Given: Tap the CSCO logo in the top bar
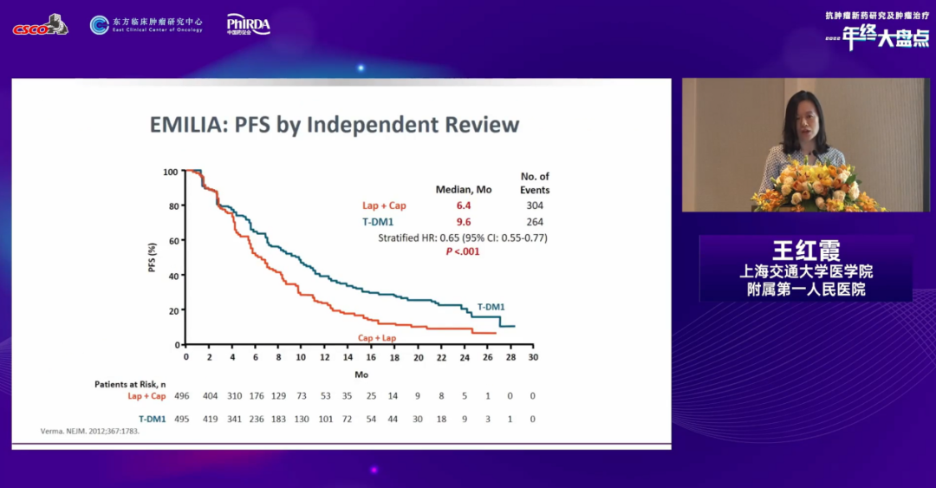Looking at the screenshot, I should click(x=40, y=25).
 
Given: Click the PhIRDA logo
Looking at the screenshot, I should click(x=248, y=24).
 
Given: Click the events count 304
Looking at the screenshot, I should click(x=534, y=205).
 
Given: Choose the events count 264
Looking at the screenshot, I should click(x=534, y=221).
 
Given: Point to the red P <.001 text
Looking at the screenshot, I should click(x=462, y=251).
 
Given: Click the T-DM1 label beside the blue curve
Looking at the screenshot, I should click(x=491, y=307).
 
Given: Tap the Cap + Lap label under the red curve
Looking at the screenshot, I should click(x=376, y=337).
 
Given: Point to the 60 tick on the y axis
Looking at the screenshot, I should click(x=173, y=241).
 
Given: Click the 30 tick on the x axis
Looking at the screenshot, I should click(x=533, y=356).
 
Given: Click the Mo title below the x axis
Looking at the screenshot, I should click(x=361, y=374).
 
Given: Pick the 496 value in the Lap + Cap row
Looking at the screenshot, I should click(x=182, y=396).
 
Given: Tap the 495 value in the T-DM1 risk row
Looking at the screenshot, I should click(x=182, y=419).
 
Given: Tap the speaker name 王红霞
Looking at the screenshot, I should click(x=806, y=251).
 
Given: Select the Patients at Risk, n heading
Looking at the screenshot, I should click(x=130, y=383).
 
